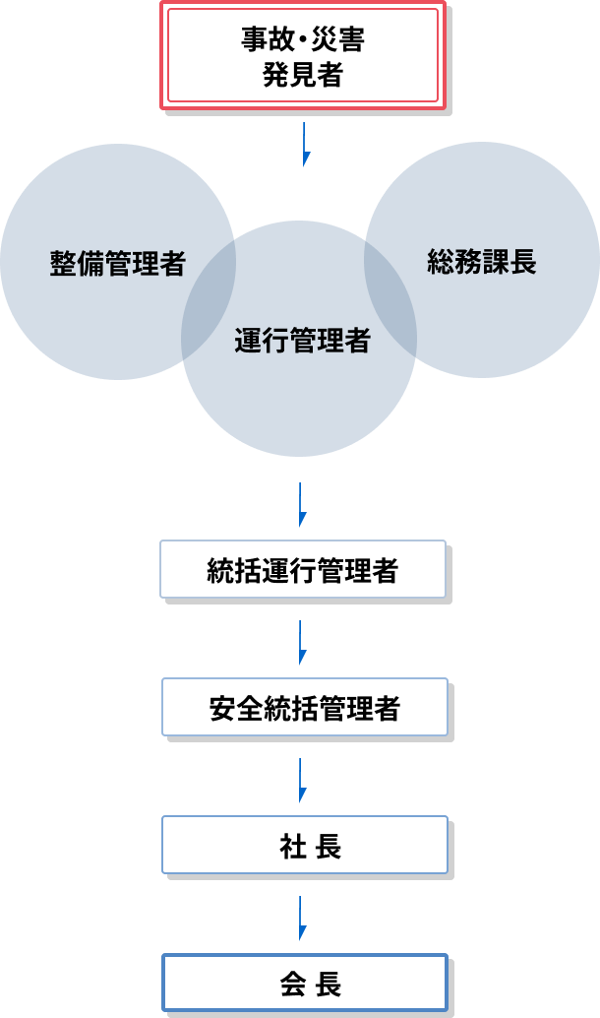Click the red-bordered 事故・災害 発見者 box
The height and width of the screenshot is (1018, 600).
point(302,55)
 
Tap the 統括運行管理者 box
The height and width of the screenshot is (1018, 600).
point(303,569)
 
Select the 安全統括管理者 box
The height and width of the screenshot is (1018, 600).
point(304,707)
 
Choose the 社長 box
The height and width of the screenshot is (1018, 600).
point(304,845)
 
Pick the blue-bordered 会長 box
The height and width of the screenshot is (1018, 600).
point(304,983)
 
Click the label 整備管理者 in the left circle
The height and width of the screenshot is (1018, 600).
point(117,264)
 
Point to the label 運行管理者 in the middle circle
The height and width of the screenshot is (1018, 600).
point(302,341)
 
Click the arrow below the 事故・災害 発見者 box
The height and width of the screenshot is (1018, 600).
point(306,145)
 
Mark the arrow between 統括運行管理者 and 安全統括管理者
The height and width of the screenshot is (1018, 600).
point(304,643)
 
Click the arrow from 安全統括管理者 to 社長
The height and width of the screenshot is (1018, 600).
point(304,781)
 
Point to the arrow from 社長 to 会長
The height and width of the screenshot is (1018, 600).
point(304,919)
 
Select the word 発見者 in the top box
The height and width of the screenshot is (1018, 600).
point(302,76)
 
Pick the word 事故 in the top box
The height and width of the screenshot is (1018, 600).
point(263,40)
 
